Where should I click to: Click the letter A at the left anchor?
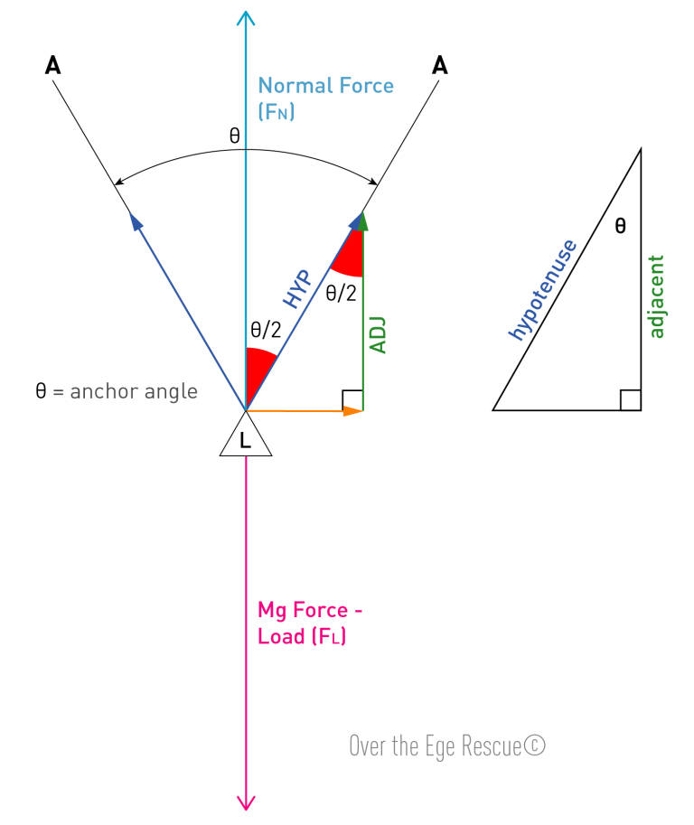click(52, 65)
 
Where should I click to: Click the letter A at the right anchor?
click(440, 65)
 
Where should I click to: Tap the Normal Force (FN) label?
click(325, 98)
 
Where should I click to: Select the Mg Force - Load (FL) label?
click(310, 623)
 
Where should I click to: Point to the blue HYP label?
click(298, 288)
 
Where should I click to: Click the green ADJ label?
click(379, 335)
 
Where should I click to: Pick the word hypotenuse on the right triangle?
click(542, 289)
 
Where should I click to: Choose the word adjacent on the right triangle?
click(656, 296)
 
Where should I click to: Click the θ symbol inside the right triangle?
click(620, 226)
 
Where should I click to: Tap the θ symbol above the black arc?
click(235, 136)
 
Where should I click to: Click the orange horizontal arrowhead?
click(352, 410)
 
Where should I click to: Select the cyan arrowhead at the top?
click(246, 17)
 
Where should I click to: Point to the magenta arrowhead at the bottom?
click(246, 803)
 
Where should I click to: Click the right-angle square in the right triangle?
click(631, 400)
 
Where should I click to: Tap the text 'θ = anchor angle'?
click(117, 391)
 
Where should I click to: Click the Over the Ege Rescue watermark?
click(447, 745)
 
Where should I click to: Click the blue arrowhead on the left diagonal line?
click(136, 220)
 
